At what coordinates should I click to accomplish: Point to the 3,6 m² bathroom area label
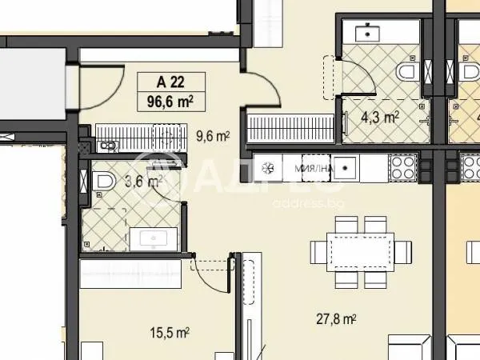(x=145, y=181)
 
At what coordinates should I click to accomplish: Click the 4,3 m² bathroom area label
(x=380, y=118)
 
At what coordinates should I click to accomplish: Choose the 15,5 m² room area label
(x=172, y=330)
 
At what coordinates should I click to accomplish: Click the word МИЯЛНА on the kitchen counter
(x=308, y=169)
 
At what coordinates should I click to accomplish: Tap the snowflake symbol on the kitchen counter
(x=268, y=169)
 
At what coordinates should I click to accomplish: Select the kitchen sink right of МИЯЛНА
(x=346, y=168)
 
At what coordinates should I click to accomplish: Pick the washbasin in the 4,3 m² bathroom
(x=369, y=33)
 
